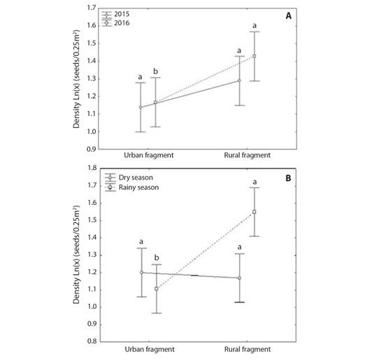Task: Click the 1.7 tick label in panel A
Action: tap(90, 8)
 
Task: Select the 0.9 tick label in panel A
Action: tap(90, 149)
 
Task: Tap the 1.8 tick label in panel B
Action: tap(90, 168)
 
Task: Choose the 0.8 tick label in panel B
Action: tap(90, 342)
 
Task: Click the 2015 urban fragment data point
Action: tap(140, 107)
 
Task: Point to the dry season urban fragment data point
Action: tap(141, 272)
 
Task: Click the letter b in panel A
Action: tap(155, 70)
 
